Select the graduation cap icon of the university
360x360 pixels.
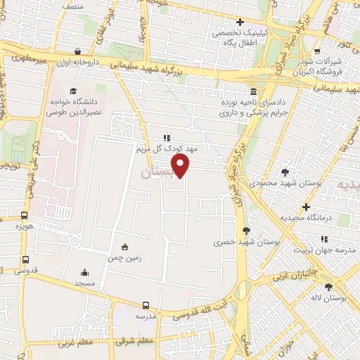coord(73,91)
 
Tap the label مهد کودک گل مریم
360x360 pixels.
coord(168,150)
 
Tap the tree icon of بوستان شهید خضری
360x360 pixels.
coord(245,230)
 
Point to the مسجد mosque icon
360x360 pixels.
coord(85,272)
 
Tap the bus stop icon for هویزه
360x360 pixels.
coord(25,216)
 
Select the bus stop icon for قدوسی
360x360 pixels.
coord(25,258)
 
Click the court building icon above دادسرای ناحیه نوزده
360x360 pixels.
coord(253,91)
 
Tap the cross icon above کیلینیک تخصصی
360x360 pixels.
coord(240,21)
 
